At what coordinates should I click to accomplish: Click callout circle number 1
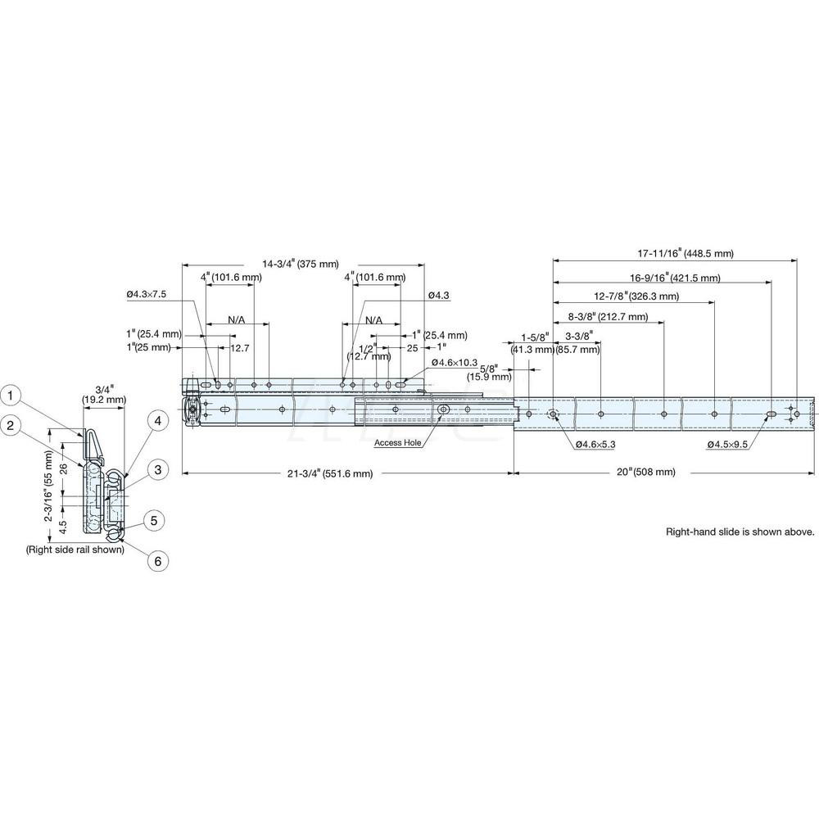(11, 396)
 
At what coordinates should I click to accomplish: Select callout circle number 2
(11, 424)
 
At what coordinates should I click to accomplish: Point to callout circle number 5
(153, 519)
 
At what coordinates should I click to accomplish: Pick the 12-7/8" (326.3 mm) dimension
(637, 296)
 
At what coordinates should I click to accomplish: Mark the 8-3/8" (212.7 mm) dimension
(608, 316)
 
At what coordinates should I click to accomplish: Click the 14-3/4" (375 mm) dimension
(301, 264)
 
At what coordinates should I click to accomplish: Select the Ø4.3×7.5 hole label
(147, 294)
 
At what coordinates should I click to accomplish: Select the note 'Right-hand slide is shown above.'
(740, 532)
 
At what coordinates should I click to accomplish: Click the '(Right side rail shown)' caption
(75, 550)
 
